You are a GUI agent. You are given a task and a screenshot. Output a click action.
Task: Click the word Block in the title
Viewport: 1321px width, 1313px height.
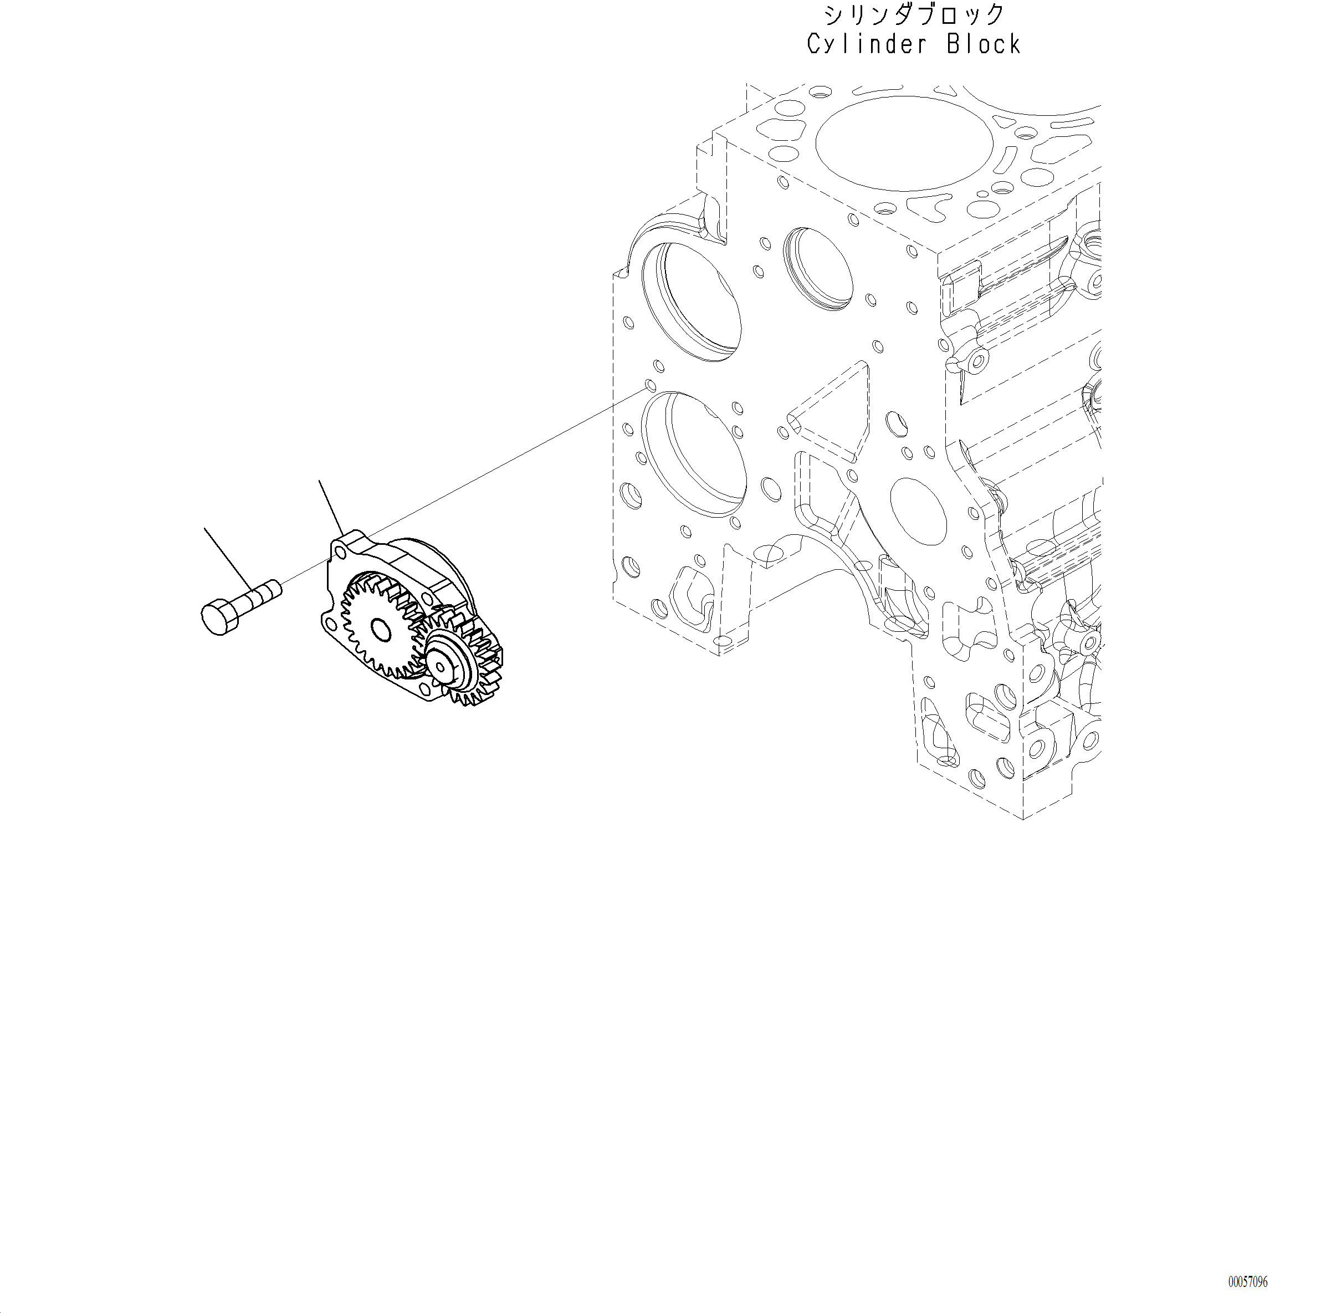pyautogui.click(x=985, y=45)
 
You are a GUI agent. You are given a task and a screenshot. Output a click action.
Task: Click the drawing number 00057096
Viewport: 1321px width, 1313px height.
pyautogui.click(x=1247, y=1282)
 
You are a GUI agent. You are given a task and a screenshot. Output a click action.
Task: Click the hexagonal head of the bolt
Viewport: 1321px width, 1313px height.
pyautogui.click(x=219, y=617)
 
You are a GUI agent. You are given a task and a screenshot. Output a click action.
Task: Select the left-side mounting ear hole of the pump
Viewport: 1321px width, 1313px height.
pyautogui.click(x=330, y=624)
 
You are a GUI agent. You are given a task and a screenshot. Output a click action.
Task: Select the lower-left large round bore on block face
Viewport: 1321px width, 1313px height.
pyautogui.click(x=694, y=455)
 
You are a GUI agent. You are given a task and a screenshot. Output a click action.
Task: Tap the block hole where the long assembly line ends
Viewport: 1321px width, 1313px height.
pyautogui.click(x=650, y=387)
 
